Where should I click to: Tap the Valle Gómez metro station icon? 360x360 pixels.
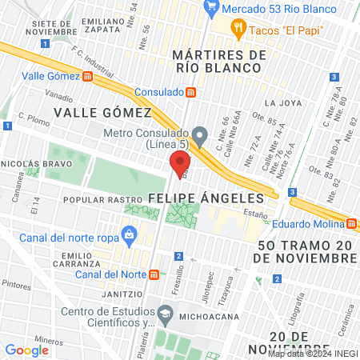pos(87,77)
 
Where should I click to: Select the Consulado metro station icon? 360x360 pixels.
pos(190,92)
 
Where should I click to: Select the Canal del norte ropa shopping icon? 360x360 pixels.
pos(127,234)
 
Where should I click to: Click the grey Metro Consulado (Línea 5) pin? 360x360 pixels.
pos(200,134)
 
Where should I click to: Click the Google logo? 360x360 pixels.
pos(26,350)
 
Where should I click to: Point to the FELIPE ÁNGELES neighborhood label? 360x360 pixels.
pos(206,198)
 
